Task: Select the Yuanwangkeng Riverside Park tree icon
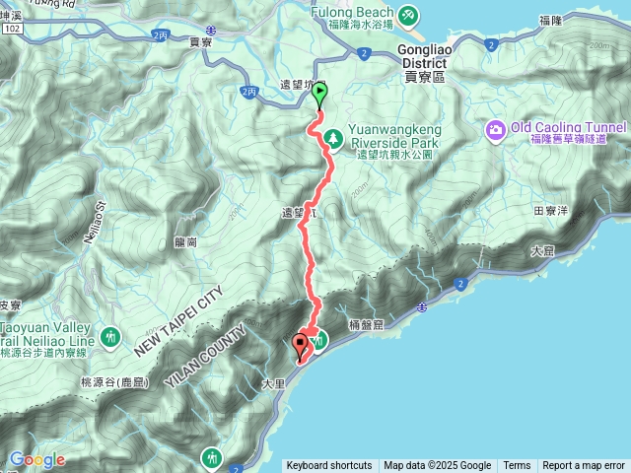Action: [333, 137]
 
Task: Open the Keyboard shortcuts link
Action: [329, 466]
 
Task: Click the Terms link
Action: [517, 466]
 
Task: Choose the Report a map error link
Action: [584, 466]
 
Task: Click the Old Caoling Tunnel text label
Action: [569, 128]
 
